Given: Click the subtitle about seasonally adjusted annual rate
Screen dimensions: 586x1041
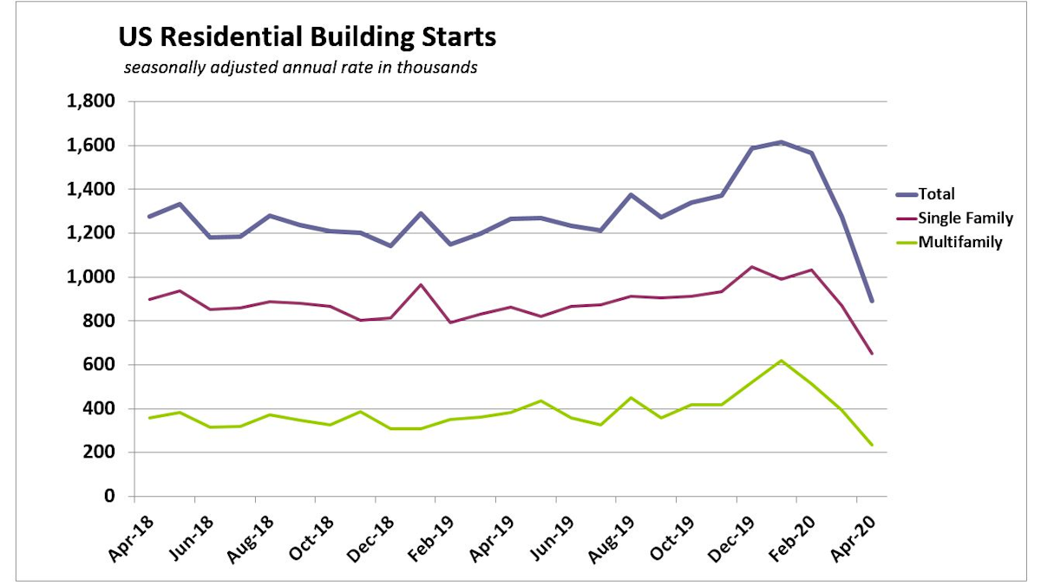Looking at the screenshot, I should coord(300,68).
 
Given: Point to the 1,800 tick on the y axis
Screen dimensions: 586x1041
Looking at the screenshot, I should coord(91,101).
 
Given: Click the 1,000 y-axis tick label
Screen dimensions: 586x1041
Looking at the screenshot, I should coord(91,277).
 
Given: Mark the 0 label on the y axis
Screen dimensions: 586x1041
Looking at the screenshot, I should coord(108,497).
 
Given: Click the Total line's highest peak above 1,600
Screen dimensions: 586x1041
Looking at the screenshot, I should coord(781,141).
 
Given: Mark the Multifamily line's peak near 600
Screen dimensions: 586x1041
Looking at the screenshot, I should coord(781,361).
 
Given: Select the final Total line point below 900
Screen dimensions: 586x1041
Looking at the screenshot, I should coord(871,302).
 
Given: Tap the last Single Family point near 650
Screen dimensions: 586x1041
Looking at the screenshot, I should coord(871,354).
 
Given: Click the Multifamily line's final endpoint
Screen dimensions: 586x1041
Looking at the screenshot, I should coord(871,445).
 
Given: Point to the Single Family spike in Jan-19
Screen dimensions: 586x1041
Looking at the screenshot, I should coord(419,284).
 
